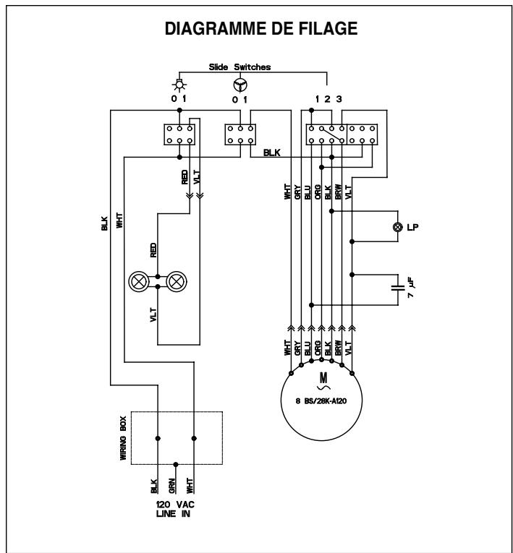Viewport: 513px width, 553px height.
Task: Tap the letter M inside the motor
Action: click(323, 379)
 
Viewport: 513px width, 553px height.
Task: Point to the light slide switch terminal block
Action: click(178, 134)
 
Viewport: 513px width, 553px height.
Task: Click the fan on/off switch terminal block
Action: click(239, 134)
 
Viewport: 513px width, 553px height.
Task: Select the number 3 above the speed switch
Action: click(339, 99)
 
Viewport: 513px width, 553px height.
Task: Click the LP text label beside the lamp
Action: click(412, 227)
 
